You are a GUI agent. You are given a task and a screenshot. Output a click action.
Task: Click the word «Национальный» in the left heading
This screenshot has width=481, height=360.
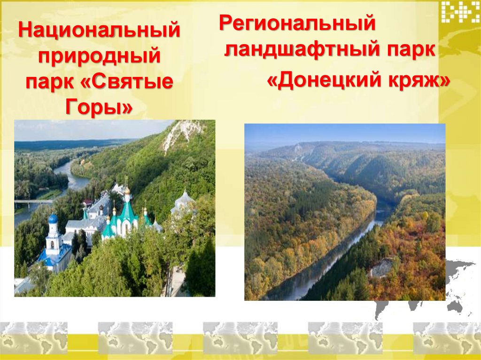[x=99, y=31]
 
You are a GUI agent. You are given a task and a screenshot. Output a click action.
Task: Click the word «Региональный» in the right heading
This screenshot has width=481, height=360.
[x=297, y=23]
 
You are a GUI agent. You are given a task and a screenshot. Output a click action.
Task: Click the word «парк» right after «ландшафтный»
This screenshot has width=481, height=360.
[x=408, y=49]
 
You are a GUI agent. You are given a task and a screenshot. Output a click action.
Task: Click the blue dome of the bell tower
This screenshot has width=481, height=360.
[x=53, y=219]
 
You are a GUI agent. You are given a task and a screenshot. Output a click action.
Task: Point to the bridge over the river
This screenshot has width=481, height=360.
[x=33, y=202]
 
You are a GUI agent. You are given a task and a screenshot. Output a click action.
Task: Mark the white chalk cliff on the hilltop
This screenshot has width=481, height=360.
[x=181, y=133]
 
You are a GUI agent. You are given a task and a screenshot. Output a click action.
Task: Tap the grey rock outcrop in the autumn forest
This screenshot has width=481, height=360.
[x=381, y=268]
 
